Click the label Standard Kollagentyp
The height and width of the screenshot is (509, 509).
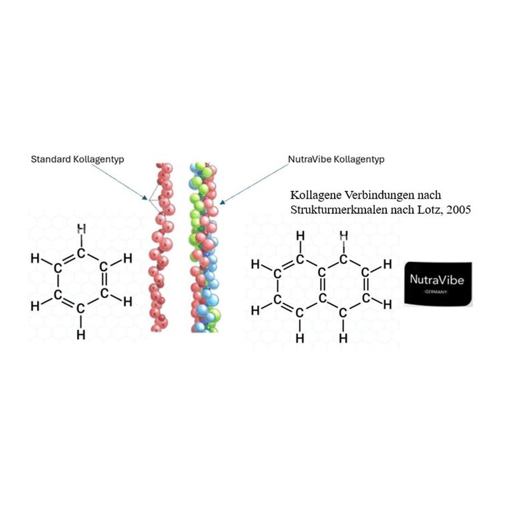[x=77, y=160]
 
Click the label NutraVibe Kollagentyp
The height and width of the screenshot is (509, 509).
[x=336, y=160]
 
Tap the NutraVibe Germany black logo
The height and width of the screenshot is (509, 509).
[x=438, y=283]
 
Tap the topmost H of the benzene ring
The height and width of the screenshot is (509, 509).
[x=81, y=229]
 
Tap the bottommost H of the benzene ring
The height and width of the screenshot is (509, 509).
[x=81, y=334]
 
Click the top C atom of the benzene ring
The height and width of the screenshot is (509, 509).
[x=81, y=253]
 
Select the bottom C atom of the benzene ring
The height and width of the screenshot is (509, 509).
[x=81, y=309]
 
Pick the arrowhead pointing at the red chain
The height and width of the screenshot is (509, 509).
[x=145, y=198]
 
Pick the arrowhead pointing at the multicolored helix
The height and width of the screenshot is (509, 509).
[x=222, y=202]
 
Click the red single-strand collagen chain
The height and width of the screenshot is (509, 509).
[x=161, y=248]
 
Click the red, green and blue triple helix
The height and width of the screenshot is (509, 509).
[x=204, y=248]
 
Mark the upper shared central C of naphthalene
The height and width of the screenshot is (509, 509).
[x=321, y=273]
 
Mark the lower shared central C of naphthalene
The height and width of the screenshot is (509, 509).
[x=321, y=298]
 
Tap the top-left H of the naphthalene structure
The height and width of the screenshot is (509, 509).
[x=300, y=236]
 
